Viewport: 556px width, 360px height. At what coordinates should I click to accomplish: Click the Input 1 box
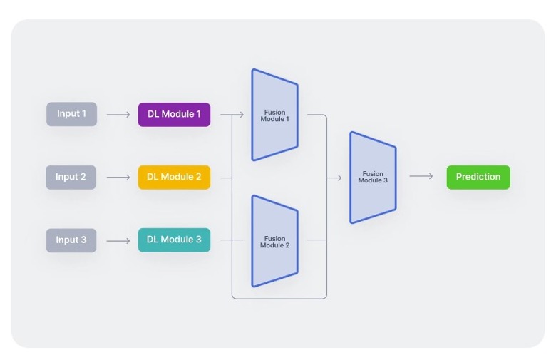coord(71,114)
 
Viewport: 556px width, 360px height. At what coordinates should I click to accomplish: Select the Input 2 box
coord(71,177)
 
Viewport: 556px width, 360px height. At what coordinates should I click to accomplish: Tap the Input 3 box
coord(71,240)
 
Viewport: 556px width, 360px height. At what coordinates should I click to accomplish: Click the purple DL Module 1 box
coord(174,114)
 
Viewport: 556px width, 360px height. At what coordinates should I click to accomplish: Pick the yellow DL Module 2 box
coord(174,177)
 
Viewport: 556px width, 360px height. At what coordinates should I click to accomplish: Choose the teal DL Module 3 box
coord(174,240)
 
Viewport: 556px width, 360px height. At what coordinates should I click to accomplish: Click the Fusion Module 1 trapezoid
coord(274,115)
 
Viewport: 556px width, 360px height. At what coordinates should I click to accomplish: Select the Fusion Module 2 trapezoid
coord(274,242)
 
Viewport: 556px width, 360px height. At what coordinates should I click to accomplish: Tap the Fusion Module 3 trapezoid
coord(372,178)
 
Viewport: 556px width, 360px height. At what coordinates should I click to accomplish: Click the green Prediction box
coord(478,177)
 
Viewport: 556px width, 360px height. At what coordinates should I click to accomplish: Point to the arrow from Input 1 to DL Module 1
coord(118,114)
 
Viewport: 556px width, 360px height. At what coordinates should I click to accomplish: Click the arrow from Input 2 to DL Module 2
coord(118,177)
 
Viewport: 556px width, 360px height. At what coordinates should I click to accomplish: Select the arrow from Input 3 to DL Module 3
coord(118,240)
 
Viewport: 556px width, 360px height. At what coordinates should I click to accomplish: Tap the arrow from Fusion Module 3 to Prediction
coord(421,177)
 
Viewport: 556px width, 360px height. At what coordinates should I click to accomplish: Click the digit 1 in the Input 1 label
coord(83,114)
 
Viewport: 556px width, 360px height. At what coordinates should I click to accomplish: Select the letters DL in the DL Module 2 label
coord(153,177)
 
